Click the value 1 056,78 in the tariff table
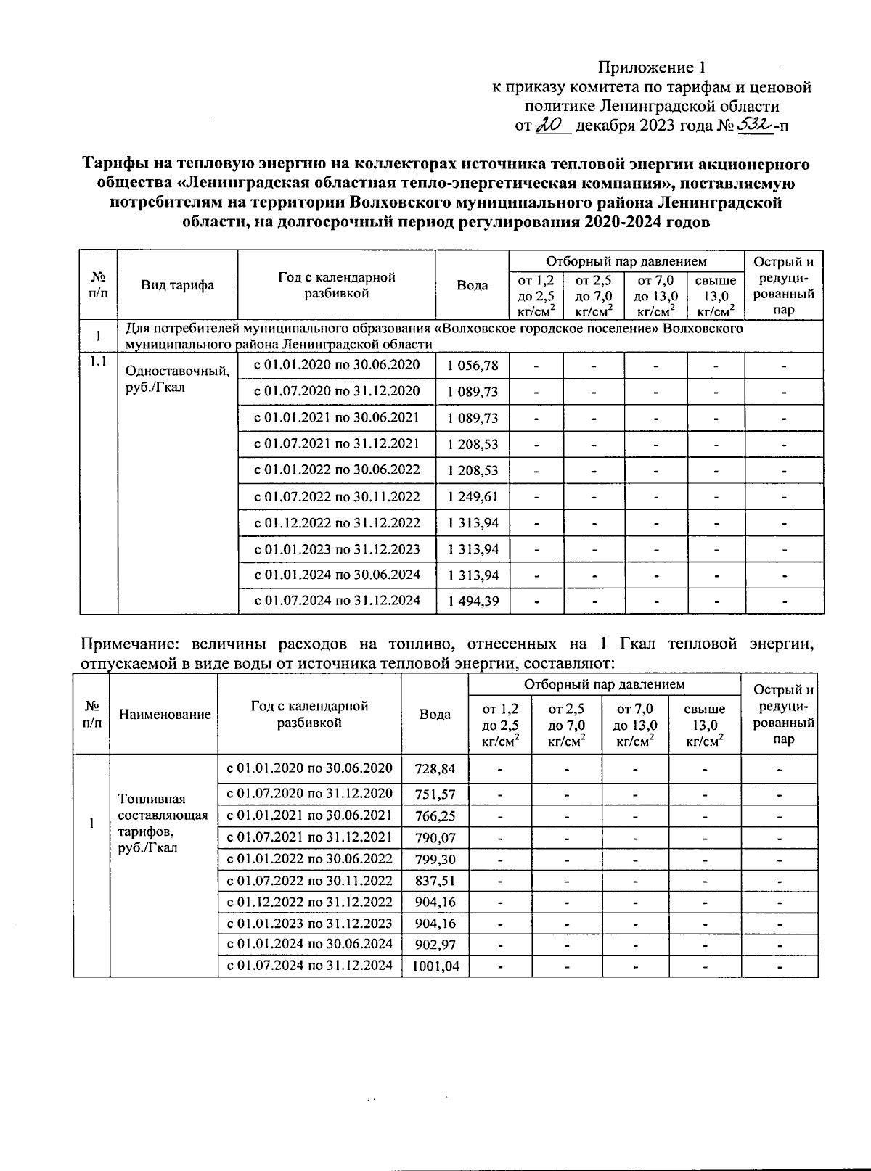pyautogui.click(x=473, y=366)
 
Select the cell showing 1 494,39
pyautogui.click(x=473, y=601)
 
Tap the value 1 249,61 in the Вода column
pyautogui.click(x=473, y=497)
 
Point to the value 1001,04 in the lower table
pyautogui.click(x=435, y=966)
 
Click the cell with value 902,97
pyautogui.click(x=435, y=945)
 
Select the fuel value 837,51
pyautogui.click(x=435, y=881)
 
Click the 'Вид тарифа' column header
pyautogui.click(x=177, y=285)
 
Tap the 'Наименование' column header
pyautogui.click(x=165, y=715)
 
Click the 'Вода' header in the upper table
pyautogui.click(x=472, y=285)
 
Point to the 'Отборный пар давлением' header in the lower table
pyautogui.click(x=604, y=684)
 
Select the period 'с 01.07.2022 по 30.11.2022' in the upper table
pyautogui.click(x=337, y=496)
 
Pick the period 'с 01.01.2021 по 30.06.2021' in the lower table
pyautogui.click(x=310, y=815)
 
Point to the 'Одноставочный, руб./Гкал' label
pyautogui.click(x=177, y=379)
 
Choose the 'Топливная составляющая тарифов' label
pyautogui.click(x=163, y=823)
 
